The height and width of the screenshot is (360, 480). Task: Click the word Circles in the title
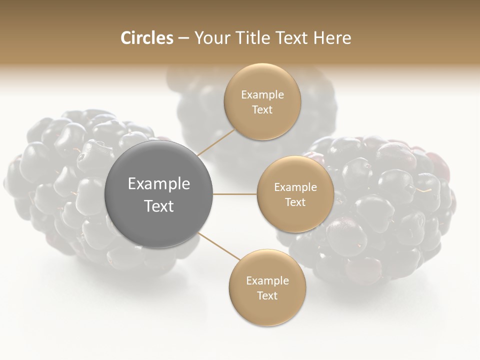click(146, 38)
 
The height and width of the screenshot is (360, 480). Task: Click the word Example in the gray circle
click(158, 184)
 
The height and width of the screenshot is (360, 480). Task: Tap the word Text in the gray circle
click(158, 206)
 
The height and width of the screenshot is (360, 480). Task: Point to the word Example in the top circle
click(262, 94)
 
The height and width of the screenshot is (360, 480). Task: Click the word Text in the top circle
click(262, 109)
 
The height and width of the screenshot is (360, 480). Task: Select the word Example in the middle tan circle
click(295, 187)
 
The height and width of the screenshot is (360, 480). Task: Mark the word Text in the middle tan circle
click(295, 202)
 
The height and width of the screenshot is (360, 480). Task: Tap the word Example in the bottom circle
click(267, 280)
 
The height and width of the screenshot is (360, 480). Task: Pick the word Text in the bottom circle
click(267, 295)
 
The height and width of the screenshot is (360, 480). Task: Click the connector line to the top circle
click(216, 142)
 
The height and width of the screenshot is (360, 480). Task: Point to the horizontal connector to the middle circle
click(235, 194)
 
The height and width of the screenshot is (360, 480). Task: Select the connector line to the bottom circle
click(218, 245)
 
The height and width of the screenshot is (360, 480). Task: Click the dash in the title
click(183, 38)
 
